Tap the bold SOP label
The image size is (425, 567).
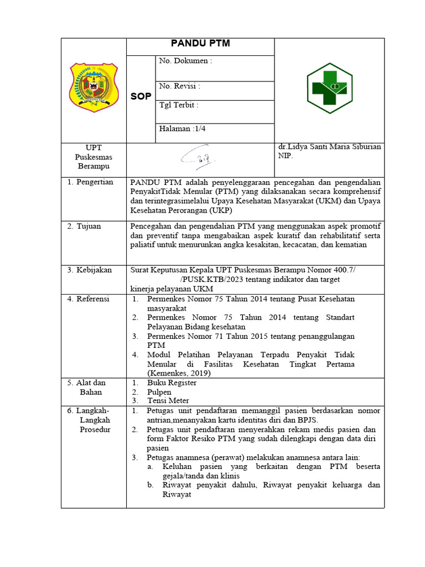click(141, 97)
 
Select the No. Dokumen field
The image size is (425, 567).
click(185, 61)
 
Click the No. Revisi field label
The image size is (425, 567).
click(179, 86)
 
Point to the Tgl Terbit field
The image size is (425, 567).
click(178, 105)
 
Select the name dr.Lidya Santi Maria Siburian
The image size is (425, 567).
click(329, 147)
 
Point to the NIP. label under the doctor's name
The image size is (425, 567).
click(285, 156)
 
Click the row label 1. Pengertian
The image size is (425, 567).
click(90, 182)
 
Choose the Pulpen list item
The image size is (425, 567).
click(159, 391)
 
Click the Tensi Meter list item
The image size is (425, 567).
click(168, 400)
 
